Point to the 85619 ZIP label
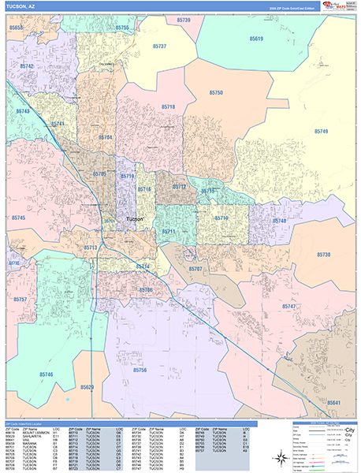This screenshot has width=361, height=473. click(257, 38)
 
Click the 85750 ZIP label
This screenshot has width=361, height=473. click(216, 93)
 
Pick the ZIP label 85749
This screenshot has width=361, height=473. click(321, 131)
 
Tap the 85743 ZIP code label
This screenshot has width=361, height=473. click(22, 112)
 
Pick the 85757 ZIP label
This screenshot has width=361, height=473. click(20, 300)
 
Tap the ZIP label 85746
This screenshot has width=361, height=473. click(46, 374)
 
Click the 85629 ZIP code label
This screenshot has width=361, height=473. click(87, 387)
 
